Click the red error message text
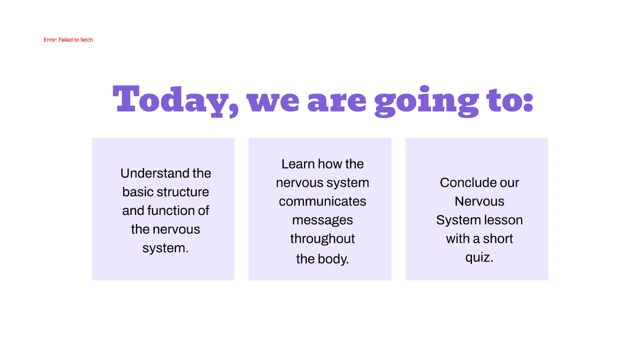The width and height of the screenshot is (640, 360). coord(68,40)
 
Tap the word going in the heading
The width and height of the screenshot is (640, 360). coord(427,100)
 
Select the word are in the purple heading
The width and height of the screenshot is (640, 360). coord(337,101)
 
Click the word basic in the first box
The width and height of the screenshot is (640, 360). coord(138,192)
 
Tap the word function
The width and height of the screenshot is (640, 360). coord(171,211)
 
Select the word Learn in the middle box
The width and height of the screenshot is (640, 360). coord(298,164)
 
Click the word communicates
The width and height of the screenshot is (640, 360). coord(323,202)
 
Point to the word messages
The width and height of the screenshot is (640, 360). coord(323,220)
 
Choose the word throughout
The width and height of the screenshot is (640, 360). coord(323,239)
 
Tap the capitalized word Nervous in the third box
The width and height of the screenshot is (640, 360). coord(479,202)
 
